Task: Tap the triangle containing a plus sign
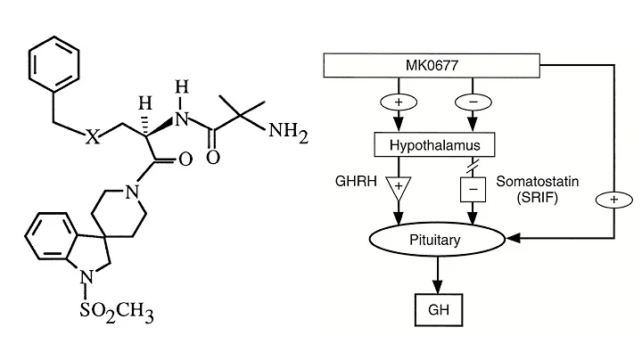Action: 398,187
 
